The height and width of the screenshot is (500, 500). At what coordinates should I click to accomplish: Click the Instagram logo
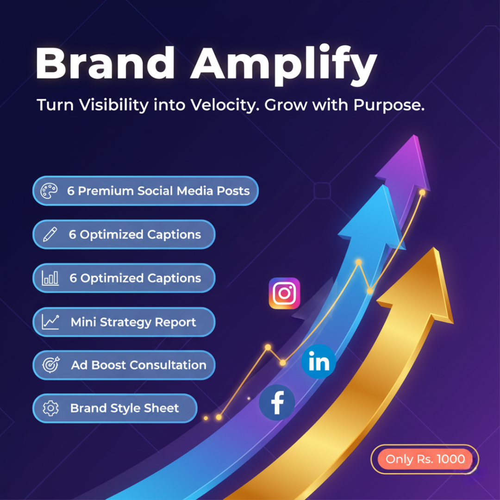click(284, 293)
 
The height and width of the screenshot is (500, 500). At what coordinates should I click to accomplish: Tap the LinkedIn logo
click(319, 362)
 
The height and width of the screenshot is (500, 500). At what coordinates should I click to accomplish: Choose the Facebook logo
click(277, 402)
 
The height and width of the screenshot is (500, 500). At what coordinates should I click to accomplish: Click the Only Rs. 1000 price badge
click(425, 459)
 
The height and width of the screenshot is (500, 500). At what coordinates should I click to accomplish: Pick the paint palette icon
click(49, 191)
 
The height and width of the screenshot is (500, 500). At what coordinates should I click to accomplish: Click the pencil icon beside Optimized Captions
click(50, 235)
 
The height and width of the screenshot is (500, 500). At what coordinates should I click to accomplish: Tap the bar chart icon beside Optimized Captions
click(50, 278)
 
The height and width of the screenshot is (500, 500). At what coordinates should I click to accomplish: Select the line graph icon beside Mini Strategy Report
click(50, 322)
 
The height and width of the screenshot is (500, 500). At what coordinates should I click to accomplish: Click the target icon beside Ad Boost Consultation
click(50, 365)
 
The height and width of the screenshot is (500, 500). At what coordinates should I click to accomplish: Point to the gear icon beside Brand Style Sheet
click(50, 408)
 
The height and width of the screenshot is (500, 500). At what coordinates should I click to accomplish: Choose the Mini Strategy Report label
click(133, 322)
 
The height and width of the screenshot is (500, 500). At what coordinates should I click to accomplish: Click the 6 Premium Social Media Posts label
click(158, 191)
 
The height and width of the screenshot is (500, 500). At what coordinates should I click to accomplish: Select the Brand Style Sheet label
click(124, 408)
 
